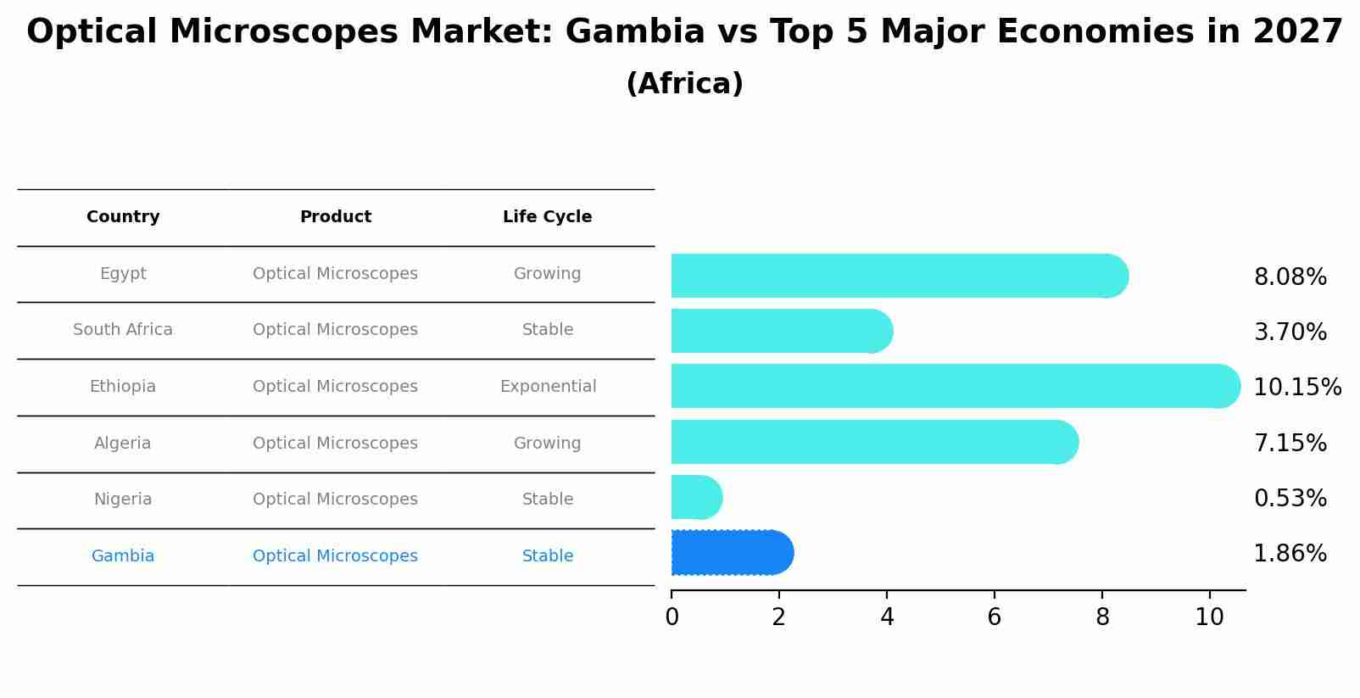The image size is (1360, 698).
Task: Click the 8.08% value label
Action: pyautogui.click(x=1290, y=277)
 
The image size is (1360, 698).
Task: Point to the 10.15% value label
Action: pyautogui.click(x=1296, y=388)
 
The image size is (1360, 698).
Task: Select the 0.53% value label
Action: pyautogui.click(x=1290, y=499)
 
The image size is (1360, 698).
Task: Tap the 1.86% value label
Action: pyautogui.click(x=1290, y=554)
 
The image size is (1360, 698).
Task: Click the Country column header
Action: pyautogui.click(x=123, y=217)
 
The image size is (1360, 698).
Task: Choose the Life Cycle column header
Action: pyautogui.click(x=547, y=217)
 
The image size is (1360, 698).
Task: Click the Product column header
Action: pyautogui.click(x=335, y=217)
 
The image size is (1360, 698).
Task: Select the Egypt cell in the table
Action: pyautogui.click(x=123, y=274)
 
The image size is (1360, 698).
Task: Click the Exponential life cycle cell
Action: pyautogui.click(x=548, y=387)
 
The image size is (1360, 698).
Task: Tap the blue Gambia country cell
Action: pyautogui.click(x=123, y=556)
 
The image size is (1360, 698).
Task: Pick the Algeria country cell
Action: pyautogui.click(x=123, y=444)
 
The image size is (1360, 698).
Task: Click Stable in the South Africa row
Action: pyautogui.click(x=548, y=330)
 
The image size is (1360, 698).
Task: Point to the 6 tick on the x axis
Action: pyautogui.click(x=994, y=617)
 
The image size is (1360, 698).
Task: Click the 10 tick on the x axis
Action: pyautogui.click(x=1209, y=617)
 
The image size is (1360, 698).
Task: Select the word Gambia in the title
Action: pyautogui.click(x=634, y=32)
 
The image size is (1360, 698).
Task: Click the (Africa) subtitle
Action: pyautogui.click(x=684, y=84)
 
